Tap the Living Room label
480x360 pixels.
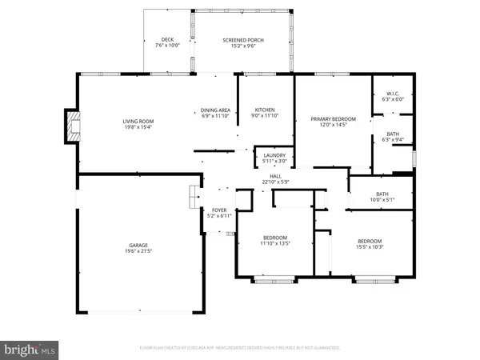(x=138, y=122)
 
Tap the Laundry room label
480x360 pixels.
(x=274, y=157)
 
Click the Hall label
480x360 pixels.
(x=275, y=176)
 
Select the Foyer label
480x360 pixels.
(x=218, y=210)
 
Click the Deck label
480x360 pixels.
(x=167, y=40)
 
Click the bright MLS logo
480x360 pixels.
(x=30, y=349)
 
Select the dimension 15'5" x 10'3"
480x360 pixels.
(x=369, y=247)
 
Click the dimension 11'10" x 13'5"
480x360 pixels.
(x=275, y=244)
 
